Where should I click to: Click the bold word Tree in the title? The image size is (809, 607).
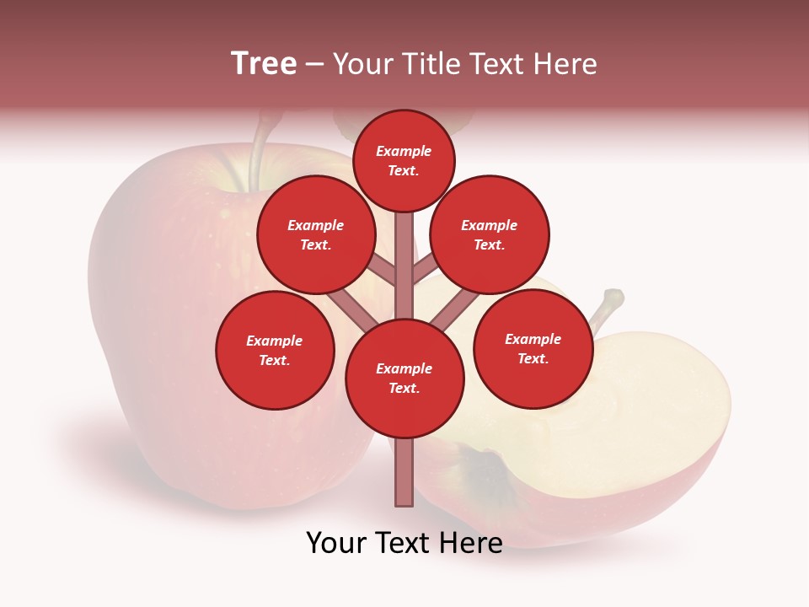pyautogui.click(x=264, y=63)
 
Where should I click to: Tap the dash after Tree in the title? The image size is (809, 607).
pyautogui.click(x=315, y=64)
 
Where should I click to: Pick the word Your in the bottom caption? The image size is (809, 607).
pyautogui.click(x=336, y=543)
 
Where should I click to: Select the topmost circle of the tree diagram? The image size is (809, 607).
pyautogui.click(x=404, y=160)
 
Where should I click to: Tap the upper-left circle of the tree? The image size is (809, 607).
pyautogui.click(x=316, y=234)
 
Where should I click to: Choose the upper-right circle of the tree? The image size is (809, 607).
pyautogui.click(x=490, y=234)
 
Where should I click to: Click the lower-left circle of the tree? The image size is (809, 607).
pyautogui.click(x=275, y=350)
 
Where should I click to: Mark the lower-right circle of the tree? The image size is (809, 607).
pyautogui.click(x=533, y=348)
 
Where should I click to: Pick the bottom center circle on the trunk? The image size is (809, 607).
pyautogui.click(x=404, y=378)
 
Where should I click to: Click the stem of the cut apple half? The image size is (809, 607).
pyautogui.click(x=607, y=308)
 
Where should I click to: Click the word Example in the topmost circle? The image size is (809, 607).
pyautogui.click(x=404, y=151)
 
